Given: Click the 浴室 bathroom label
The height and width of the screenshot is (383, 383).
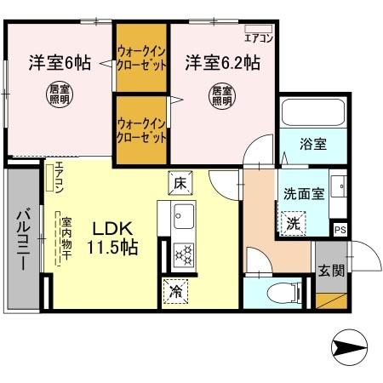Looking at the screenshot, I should pos(312,144).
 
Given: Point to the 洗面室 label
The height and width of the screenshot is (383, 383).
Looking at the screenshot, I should pos(302,193).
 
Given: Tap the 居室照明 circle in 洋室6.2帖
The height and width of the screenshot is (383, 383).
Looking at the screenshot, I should pos(221,95).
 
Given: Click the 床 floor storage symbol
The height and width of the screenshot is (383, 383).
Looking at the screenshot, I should pos(180,181).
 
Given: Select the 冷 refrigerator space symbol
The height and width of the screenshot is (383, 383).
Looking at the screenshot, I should pos(175,290).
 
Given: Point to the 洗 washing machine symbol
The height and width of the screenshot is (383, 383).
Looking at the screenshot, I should pos(292,225).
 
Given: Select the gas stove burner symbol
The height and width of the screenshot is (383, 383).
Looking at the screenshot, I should pos(183,251).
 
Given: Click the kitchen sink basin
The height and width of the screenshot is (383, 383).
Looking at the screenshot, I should pos(183,213).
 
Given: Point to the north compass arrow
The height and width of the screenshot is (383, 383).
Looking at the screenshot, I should pos(350,348).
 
